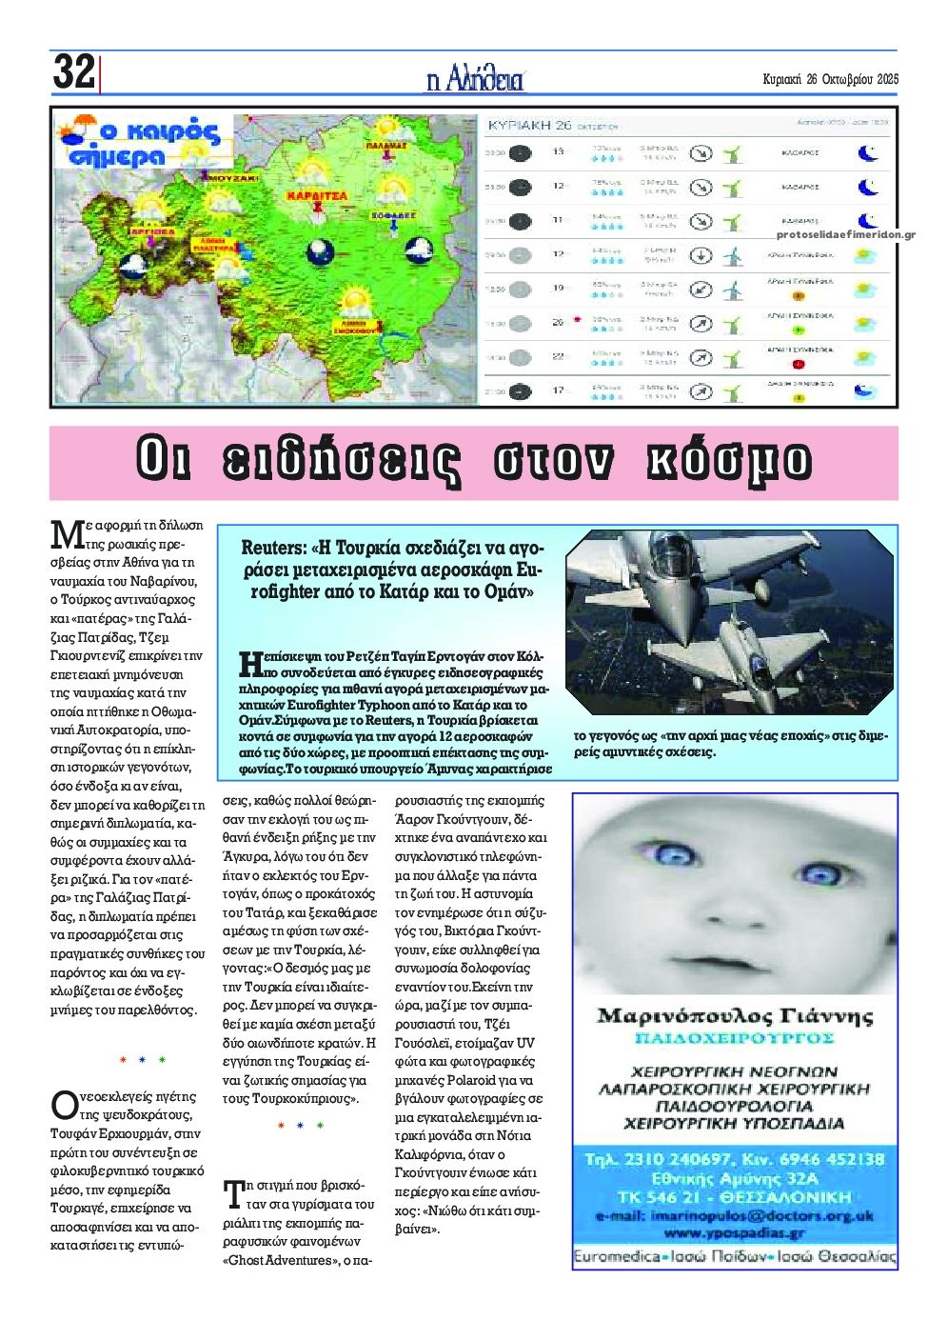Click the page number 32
(x=73, y=72)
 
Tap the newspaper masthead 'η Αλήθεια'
(x=475, y=78)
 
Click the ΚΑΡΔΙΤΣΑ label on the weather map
(x=317, y=195)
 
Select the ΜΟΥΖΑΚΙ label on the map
(x=232, y=178)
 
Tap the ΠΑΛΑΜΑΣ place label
(x=386, y=146)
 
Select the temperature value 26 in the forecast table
(x=559, y=322)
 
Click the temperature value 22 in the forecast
(x=559, y=356)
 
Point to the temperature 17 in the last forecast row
(x=559, y=390)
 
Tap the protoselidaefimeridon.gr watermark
(x=846, y=233)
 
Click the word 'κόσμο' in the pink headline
(x=727, y=460)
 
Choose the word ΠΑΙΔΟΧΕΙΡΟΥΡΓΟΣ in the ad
(x=734, y=1037)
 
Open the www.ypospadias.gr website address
(x=734, y=1233)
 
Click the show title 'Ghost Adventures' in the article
(x=283, y=1260)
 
